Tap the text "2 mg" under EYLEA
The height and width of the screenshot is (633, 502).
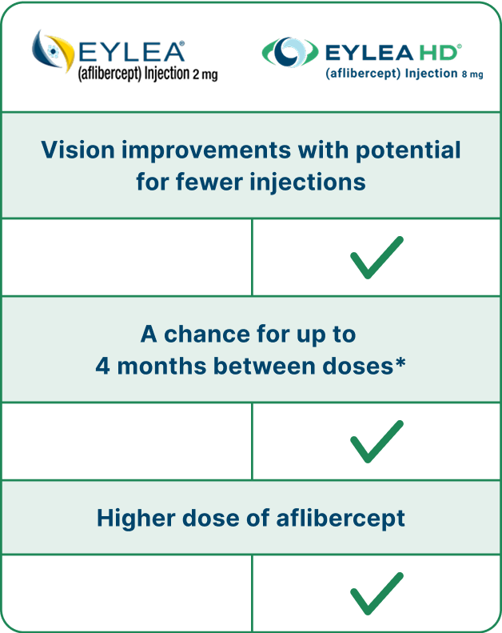pyautogui.click(x=205, y=75)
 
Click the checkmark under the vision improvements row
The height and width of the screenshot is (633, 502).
pyautogui.click(x=376, y=258)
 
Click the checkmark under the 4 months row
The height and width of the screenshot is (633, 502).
pyautogui.click(x=376, y=442)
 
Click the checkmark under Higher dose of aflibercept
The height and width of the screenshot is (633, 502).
pyautogui.click(x=376, y=593)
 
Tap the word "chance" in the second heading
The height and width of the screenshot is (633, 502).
pyautogui.click(x=201, y=334)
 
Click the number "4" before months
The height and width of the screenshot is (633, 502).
pyautogui.click(x=102, y=366)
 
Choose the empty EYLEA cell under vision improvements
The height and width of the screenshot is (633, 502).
pyautogui.click(x=126, y=258)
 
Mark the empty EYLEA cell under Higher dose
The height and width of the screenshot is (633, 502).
pyautogui.click(x=126, y=593)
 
